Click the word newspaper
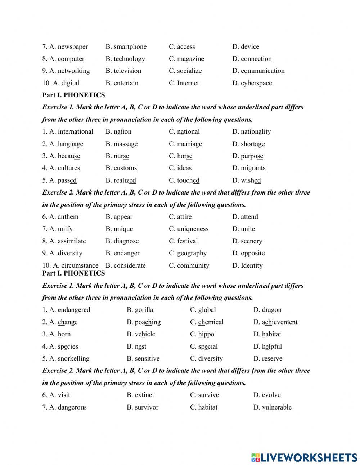pos(73,46)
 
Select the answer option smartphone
pos(130,46)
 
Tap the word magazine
pos(190,59)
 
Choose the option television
pos(127,71)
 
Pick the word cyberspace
pos(256,83)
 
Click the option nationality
pos(256,131)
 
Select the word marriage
pos(189,144)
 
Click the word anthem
pos(68,216)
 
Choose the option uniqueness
pos(193,229)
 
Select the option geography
pos(192,253)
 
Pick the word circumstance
pos(79,265)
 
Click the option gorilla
pos(144,310)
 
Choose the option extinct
pos(144,395)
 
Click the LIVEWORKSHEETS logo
pos(304,457)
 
